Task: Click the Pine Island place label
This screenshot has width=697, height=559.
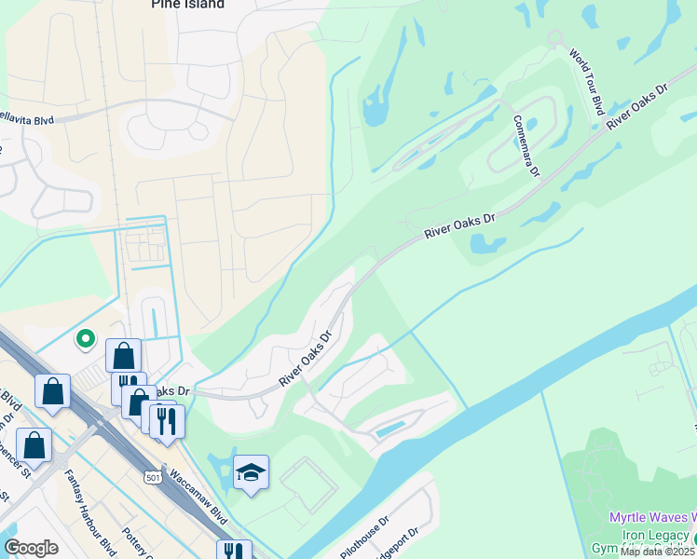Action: tap(187, 5)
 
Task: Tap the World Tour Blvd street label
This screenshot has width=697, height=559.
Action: tap(587, 82)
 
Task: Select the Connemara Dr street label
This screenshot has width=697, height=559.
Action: tap(526, 145)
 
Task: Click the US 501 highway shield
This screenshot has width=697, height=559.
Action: tap(155, 478)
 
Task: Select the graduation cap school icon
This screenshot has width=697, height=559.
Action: tap(251, 472)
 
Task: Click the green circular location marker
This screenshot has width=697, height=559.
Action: tap(85, 339)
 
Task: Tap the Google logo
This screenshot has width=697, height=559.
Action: tap(31, 548)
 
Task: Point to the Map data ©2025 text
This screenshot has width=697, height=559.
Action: tap(657, 552)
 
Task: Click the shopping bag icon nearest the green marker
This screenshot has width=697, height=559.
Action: tap(123, 355)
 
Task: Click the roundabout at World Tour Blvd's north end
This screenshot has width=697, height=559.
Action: tap(555, 37)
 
